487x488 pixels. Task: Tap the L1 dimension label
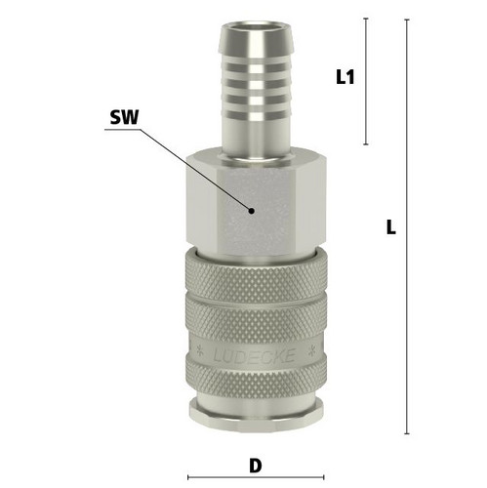pos(345,77)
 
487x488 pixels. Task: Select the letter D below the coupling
pos(256,466)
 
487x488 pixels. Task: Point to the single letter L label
pos(391,226)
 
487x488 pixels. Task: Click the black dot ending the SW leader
pos(251,211)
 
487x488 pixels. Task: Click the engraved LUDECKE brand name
pos(255,355)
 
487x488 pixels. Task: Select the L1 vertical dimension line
pos(366,81)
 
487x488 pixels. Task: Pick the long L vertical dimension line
pos(407,226)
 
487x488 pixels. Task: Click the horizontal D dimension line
pos(256,477)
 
